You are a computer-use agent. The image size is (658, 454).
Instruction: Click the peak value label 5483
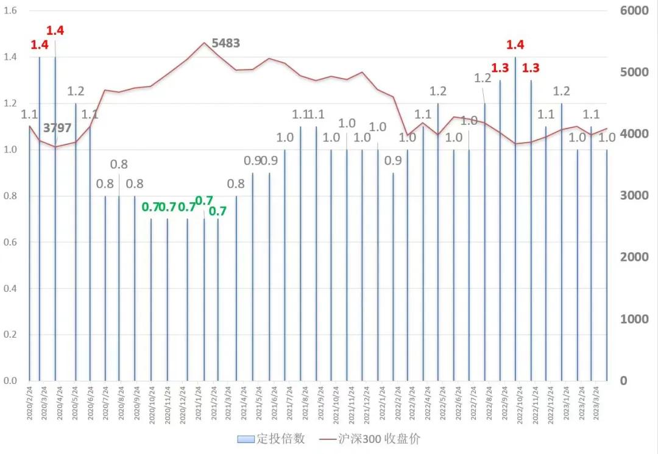[x=225, y=43]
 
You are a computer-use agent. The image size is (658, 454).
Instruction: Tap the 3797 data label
[x=57, y=128]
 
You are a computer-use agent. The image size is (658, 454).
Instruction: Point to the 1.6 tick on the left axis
[x=12, y=11]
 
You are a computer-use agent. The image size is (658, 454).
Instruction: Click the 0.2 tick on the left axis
[x=12, y=335]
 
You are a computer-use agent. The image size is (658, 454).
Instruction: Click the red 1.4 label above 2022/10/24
[x=515, y=44]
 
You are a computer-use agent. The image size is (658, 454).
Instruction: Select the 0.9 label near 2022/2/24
[x=393, y=161]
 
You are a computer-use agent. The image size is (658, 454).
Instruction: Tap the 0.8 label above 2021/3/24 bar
[x=236, y=183]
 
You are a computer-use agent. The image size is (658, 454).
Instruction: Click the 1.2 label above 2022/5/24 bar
[x=438, y=91]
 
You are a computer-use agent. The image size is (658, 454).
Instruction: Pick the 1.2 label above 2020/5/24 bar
[x=76, y=91]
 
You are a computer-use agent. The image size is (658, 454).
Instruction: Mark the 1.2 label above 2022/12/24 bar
[x=561, y=91]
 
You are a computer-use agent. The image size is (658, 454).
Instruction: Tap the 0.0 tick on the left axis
[x=12, y=381]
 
